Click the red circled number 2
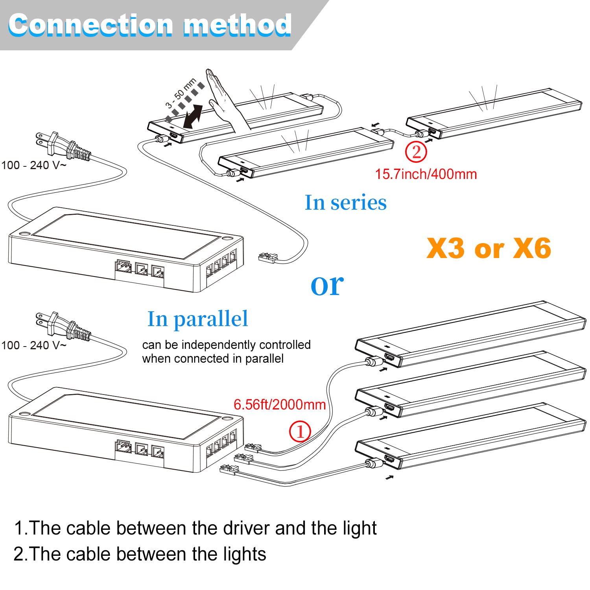coord(416,152)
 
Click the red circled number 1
coord(300,431)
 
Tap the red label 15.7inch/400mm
coord(426,174)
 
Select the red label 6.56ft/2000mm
coord(279,404)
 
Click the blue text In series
coord(345,203)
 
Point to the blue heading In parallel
coord(197,319)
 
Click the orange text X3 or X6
coord(489,249)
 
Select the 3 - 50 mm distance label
coord(181,93)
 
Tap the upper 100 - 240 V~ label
coord(34,165)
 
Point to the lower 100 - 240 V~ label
coord(34,345)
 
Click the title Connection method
coord(149,25)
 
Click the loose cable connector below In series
coord(268,258)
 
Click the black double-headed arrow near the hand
coord(193,116)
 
